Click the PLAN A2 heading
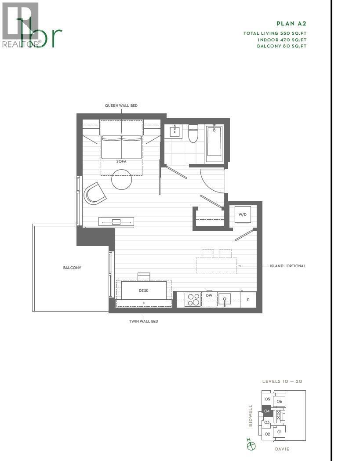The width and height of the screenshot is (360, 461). (291, 24)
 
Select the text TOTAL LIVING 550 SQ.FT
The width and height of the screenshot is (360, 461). (275, 33)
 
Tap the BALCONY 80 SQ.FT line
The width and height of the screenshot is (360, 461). (281, 46)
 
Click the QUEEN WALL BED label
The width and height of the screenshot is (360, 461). (121, 105)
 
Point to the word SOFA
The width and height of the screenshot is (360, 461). (121, 161)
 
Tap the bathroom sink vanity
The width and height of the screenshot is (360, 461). (175, 131)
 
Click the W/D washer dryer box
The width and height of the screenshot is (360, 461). (242, 214)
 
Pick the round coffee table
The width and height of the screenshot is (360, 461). (122, 180)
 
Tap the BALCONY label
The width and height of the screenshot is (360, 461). (72, 267)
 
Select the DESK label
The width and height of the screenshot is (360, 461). (144, 290)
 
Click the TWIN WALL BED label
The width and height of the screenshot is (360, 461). (143, 321)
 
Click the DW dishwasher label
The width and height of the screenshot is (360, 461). (209, 295)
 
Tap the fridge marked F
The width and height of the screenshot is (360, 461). (248, 300)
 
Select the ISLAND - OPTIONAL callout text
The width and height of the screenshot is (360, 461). (287, 266)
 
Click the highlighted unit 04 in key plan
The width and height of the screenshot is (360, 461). (267, 411)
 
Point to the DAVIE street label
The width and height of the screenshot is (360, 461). (282, 449)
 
